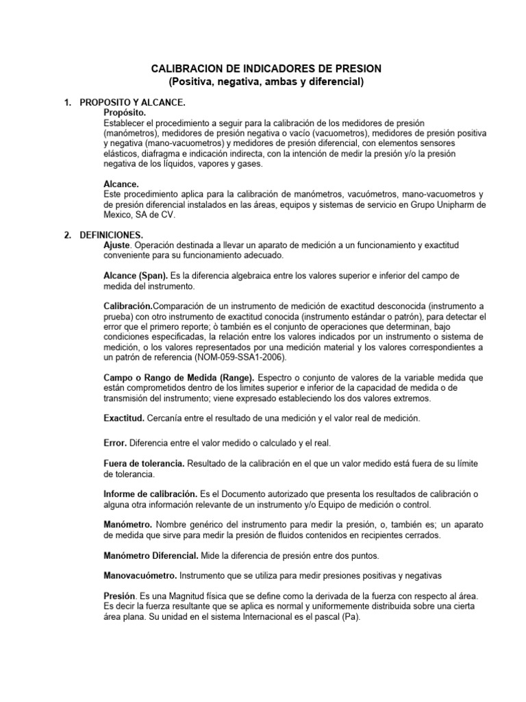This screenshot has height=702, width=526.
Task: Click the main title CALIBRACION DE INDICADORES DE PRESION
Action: click(x=266, y=69)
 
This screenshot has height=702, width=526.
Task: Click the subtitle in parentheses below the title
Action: click(x=266, y=82)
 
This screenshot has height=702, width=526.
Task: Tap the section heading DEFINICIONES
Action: click(x=111, y=234)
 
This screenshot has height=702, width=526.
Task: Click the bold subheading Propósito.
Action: click(x=125, y=112)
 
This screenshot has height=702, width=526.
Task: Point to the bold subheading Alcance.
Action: click(x=121, y=184)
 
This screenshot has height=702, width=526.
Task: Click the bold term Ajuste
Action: click(x=116, y=245)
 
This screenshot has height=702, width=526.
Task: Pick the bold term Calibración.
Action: click(x=127, y=306)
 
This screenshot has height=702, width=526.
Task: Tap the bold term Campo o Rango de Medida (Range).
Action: click(x=179, y=378)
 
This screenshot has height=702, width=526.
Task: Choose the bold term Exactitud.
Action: click(x=124, y=417)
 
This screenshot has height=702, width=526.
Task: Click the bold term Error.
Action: click(x=115, y=444)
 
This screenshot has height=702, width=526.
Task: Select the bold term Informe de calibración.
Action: click(x=150, y=494)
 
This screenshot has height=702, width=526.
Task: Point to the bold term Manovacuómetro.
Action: click(x=139, y=575)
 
